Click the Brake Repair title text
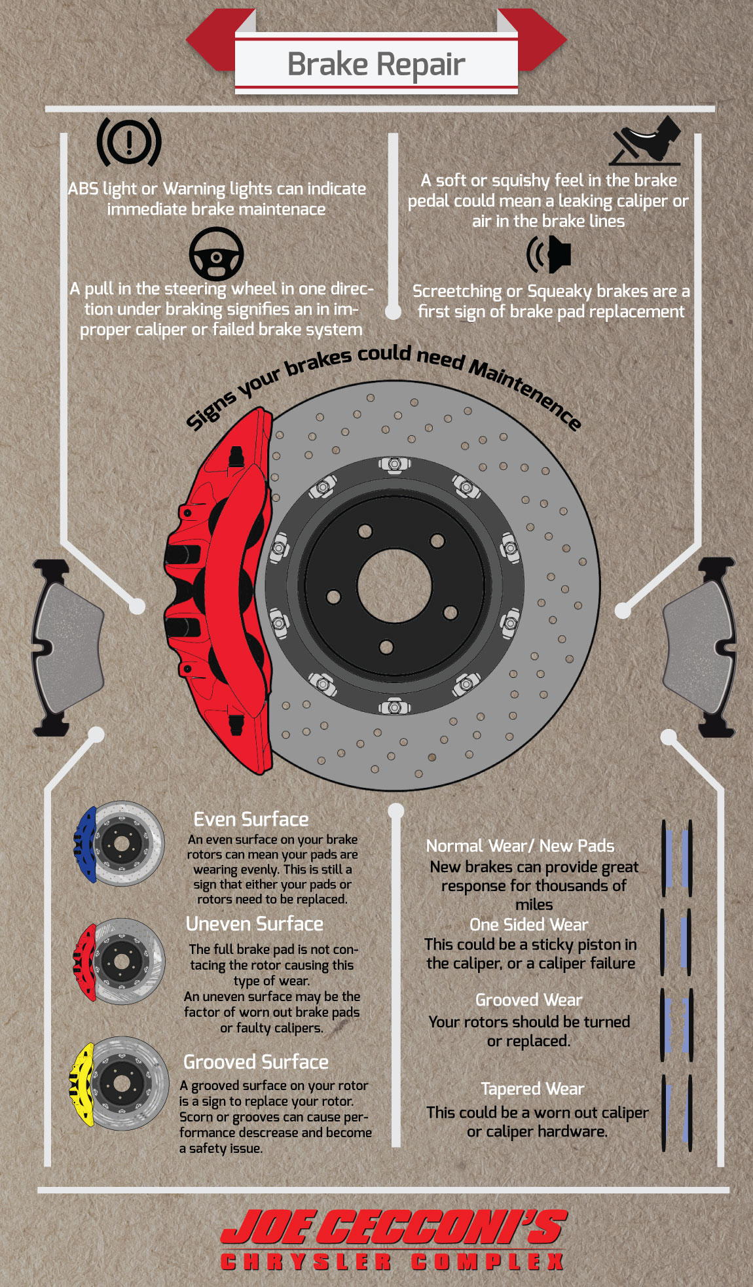click(376, 64)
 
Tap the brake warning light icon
click(129, 141)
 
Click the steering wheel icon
click(216, 255)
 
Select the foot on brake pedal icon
click(647, 141)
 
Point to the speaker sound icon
click(550, 255)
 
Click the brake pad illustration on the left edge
click(65, 648)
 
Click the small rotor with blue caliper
click(119, 844)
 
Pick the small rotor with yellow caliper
click(119, 1083)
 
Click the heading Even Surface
click(251, 820)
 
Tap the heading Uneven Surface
click(255, 924)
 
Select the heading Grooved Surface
click(255, 1062)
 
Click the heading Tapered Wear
click(532, 1089)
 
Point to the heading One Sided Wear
click(528, 925)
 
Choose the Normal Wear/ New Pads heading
click(520, 846)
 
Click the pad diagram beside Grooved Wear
click(676, 1025)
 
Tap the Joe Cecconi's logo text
click(393, 1227)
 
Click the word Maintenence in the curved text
click(524, 393)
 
